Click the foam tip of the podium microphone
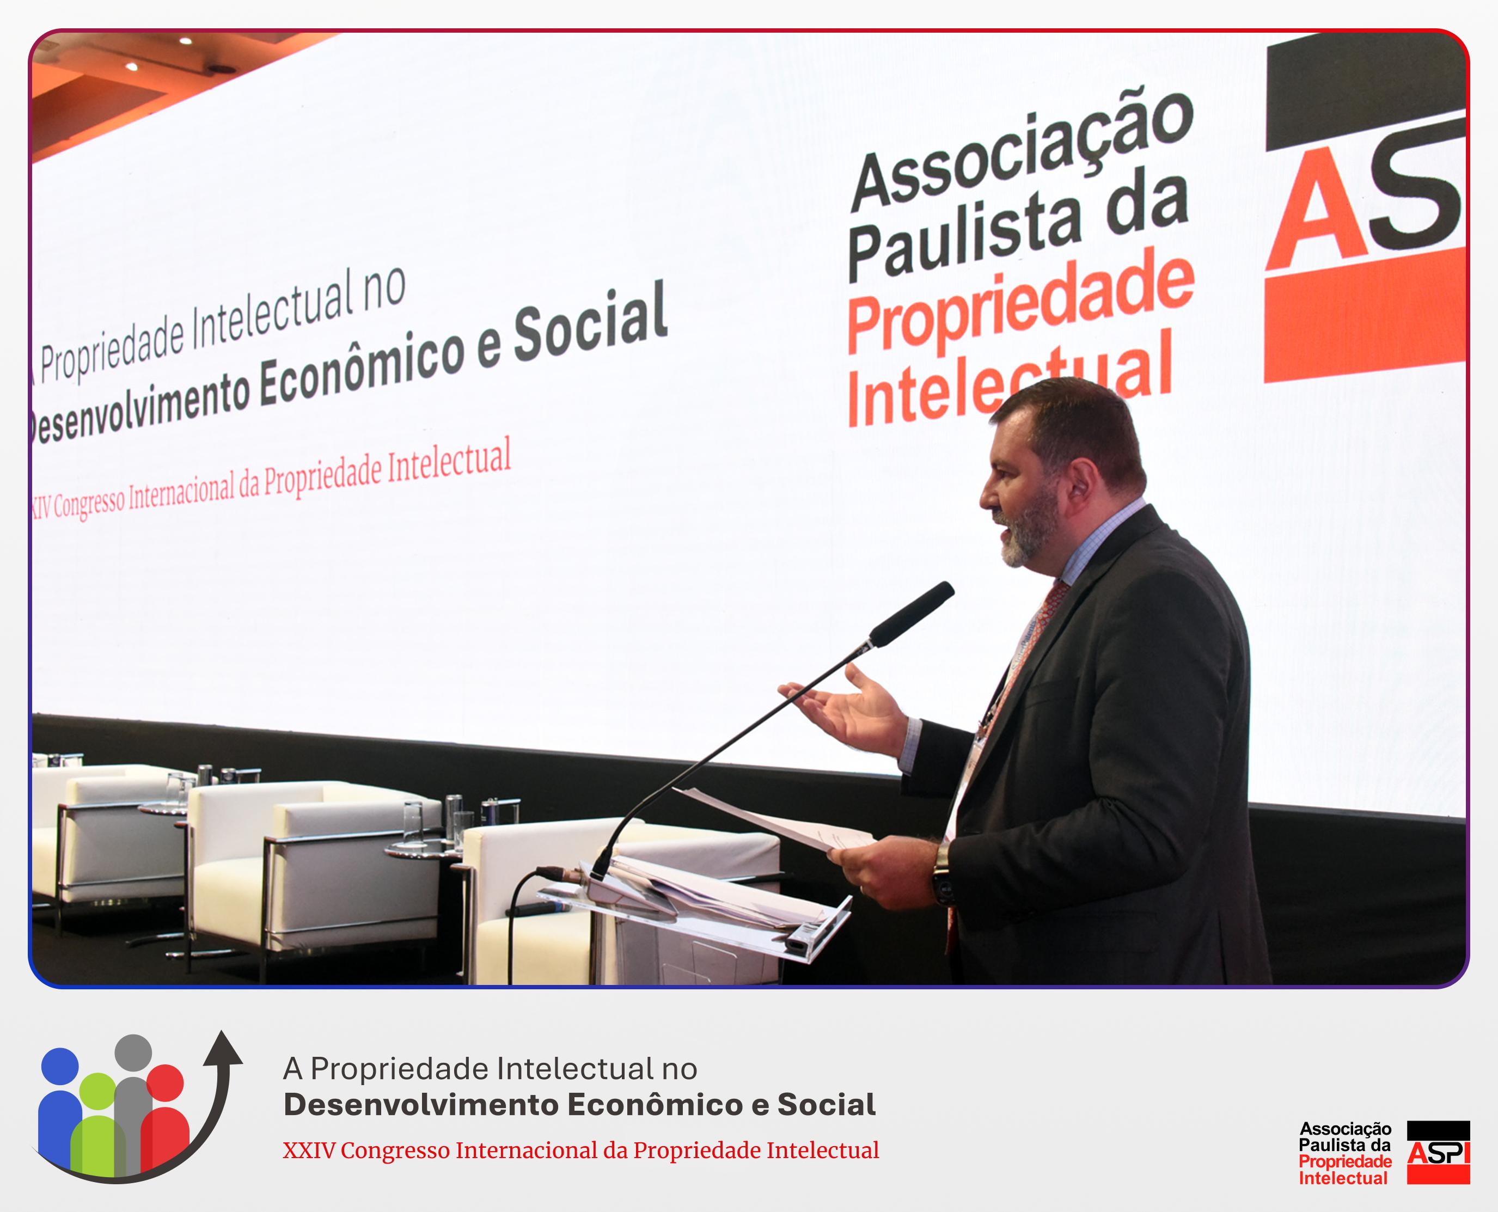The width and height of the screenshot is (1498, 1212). pos(911,614)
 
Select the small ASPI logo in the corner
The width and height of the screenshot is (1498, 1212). pos(1439,1152)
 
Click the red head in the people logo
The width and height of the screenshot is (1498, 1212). pos(165,1082)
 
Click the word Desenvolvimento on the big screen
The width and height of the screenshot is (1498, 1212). pos(139,405)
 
